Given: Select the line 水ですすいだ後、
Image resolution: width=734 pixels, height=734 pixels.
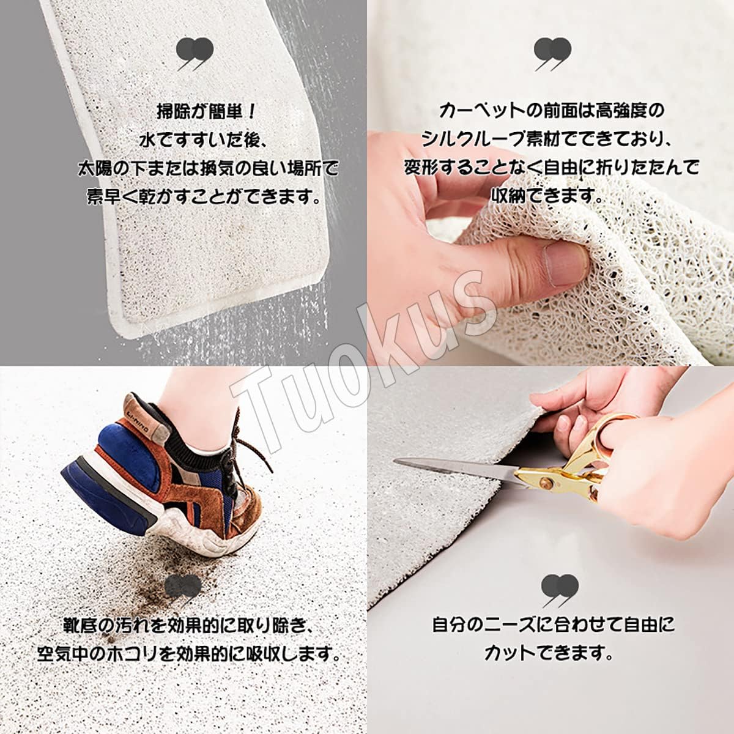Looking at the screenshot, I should point(202,140).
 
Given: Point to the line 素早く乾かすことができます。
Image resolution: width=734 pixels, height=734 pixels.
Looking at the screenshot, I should point(204,196).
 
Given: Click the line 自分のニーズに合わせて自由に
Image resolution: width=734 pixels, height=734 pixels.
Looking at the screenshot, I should point(553,625).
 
